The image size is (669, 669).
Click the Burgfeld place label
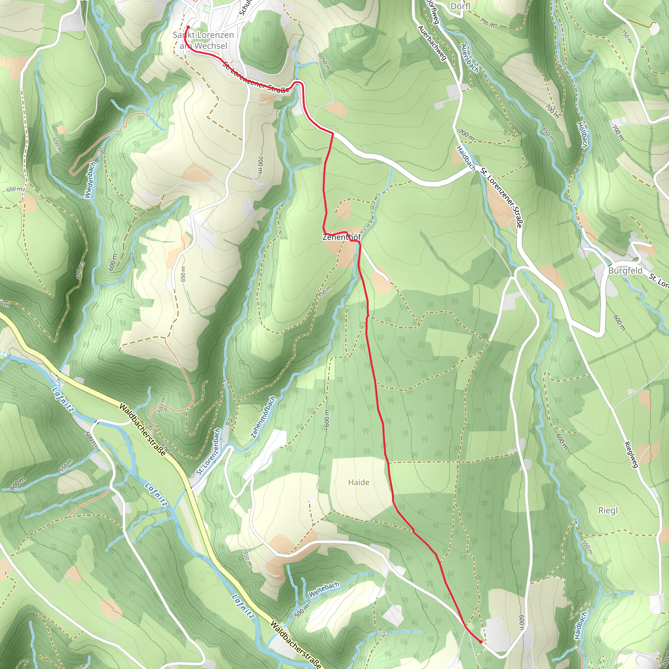tap(625, 271)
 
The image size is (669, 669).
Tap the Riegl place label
tap(608, 511)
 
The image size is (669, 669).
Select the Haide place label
tap(359, 482)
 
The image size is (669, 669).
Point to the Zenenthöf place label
tap(341, 237)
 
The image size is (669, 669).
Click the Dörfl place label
tap(461, 6)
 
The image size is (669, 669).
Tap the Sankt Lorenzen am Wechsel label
tap(203, 41)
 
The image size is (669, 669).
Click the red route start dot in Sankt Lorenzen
tap(188, 27)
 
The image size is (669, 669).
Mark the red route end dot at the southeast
tap(481, 642)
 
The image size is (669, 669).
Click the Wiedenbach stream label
tap(90, 180)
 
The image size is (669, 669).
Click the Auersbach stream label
tap(469, 58)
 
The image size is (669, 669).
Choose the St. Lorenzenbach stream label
tap(208, 451)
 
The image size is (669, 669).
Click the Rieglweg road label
tap(631, 454)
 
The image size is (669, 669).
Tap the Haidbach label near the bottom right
tap(580, 625)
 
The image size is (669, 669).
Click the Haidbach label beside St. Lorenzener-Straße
tap(466, 158)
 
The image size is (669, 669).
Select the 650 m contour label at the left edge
tap(14, 189)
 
